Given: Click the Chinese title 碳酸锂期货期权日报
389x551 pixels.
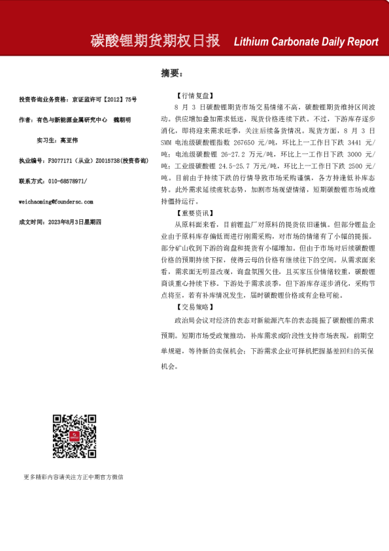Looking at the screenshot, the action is [155, 41].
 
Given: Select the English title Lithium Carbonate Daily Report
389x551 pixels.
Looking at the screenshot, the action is [306, 42].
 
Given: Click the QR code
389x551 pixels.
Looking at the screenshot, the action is [75, 436].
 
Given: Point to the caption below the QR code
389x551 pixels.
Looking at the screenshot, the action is [73, 477].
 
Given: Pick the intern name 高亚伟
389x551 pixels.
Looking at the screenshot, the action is [69, 140].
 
